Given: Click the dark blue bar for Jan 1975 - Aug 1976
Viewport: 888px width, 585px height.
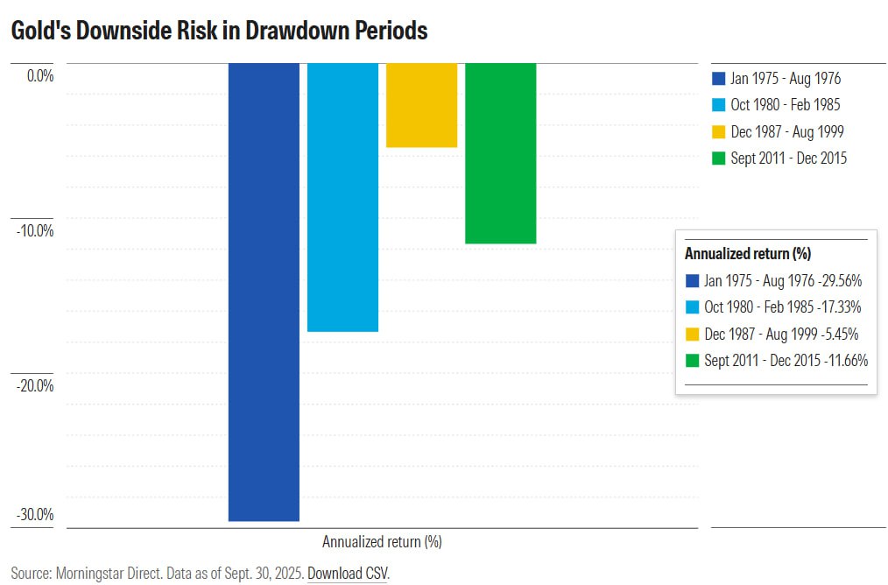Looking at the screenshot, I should click(x=264, y=292).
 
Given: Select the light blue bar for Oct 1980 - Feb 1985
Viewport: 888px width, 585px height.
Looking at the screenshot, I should click(x=342, y=197).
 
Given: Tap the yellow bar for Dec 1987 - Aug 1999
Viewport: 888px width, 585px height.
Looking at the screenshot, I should click(x=421, y=105).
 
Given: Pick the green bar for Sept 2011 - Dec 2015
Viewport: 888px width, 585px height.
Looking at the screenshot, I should click(x=500, y=153).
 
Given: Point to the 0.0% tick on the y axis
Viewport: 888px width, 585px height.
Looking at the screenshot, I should click(x=40, y=76).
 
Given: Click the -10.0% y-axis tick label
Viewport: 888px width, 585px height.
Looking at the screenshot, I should click(x=35, y=231).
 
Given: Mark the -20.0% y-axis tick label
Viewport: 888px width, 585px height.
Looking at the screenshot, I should click(x=35, y=385).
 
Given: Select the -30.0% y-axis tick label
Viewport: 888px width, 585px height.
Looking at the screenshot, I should click(x=35, y=514).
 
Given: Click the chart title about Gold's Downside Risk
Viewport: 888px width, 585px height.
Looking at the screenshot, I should click(x=219, y=31).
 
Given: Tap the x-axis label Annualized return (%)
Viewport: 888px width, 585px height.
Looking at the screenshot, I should click(x=382, y=541).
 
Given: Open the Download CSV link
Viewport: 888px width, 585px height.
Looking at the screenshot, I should click(x=348, y=574).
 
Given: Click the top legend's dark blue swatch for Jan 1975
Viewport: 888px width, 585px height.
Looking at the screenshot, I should click(x=718, y=78).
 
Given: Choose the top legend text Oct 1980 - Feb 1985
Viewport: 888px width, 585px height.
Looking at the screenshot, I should click(x=786, y=105).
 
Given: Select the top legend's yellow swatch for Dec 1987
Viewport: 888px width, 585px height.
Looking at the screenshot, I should click(x=718, y=131).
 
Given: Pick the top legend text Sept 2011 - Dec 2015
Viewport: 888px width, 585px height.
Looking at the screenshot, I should click(x=789, y=159).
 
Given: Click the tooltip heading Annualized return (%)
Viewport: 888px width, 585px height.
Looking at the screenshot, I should click(x=747, y=254).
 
